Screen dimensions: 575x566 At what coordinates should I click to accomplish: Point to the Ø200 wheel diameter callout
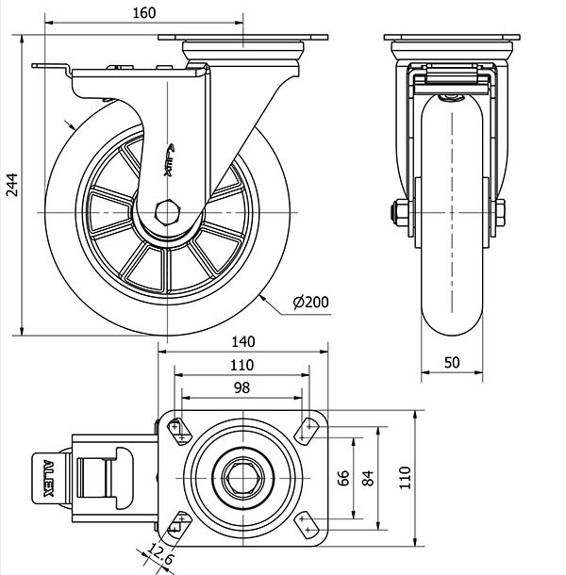[310, 302]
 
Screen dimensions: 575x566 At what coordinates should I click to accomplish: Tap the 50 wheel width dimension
[452, 362]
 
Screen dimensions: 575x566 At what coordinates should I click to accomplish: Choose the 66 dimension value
[343, 478]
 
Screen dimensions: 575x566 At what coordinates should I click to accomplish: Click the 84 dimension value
[368, 478]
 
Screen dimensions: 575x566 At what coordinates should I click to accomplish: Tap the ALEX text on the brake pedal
[50, 477]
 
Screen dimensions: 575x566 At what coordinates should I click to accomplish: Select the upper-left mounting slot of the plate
[178, 430]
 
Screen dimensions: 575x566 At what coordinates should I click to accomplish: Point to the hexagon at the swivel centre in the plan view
[243, 477]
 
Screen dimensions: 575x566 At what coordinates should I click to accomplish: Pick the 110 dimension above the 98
[241, 365]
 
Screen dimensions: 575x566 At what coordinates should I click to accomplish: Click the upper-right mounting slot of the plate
[306, 430]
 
